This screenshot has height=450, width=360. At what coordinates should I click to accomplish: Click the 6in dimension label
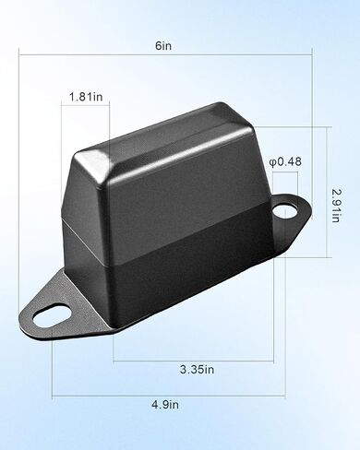coord(163,46)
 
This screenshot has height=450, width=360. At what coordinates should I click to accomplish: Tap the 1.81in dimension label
coord(86,97)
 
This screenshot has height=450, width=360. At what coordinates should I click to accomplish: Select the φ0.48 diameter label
coord(285,161)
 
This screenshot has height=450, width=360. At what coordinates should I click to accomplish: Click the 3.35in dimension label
coord(197,369)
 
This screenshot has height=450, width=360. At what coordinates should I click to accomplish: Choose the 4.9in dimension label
coord(165,405)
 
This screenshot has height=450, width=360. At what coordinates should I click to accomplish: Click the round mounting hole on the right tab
coord(285,211)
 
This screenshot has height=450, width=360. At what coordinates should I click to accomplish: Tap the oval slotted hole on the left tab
coord(53,315)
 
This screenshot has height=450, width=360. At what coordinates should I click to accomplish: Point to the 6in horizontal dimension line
coord(165,55)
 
